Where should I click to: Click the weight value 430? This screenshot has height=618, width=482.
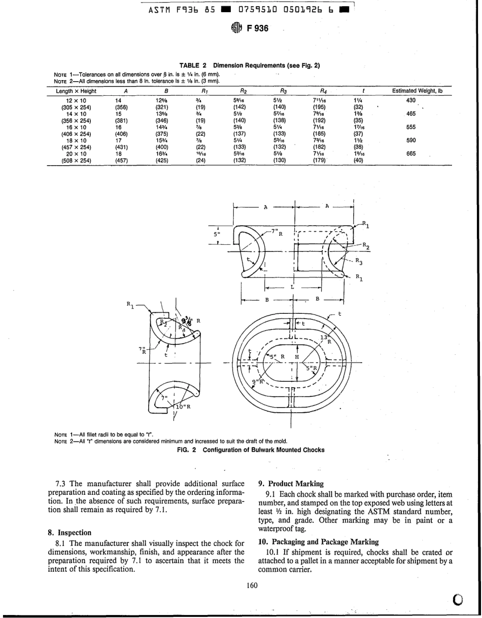411,101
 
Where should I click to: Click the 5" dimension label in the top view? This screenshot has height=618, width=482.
217,235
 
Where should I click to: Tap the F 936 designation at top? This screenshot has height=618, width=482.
258,28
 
